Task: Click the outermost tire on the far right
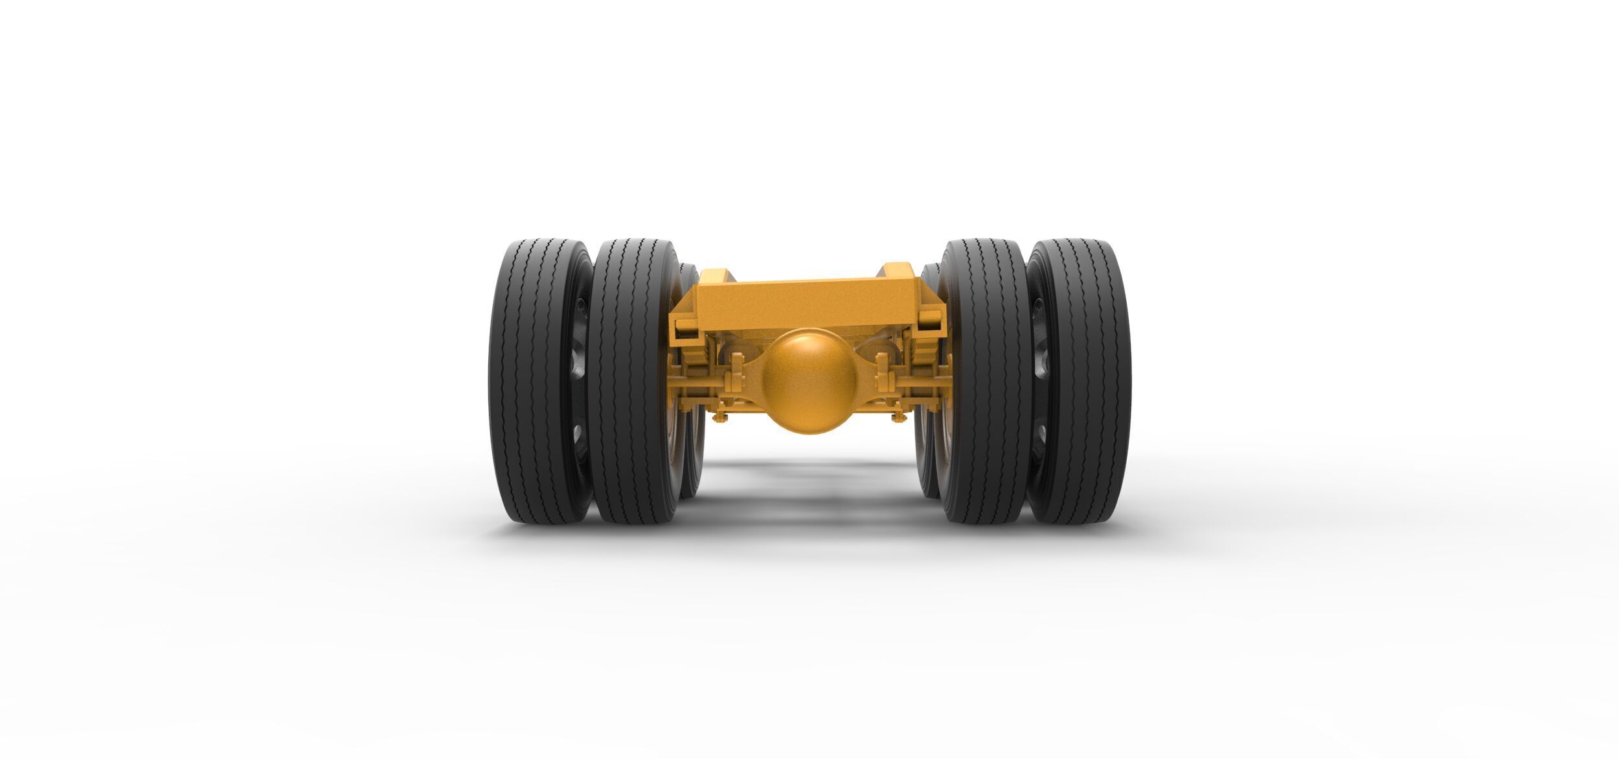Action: tap(1088, 382)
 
